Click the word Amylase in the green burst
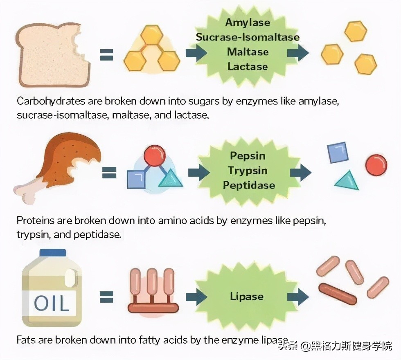click(248, 22)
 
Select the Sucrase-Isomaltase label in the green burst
click(248, 37)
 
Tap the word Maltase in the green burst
click(248, 52)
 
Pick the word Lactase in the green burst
click(248, 66)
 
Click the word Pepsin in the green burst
click(248, 156)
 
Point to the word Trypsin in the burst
click(248, 171)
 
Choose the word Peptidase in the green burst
click(249, 185)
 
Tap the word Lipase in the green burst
click(246, 296)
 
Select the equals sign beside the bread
click(106, 55)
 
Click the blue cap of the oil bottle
click(53, 253)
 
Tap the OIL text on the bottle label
click(52, 303)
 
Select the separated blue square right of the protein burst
click(338, 153)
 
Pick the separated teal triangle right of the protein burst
click(347, 182)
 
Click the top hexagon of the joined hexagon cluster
click(152, 35)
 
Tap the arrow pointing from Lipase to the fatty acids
click(298, 297)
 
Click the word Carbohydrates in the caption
click(51, 101)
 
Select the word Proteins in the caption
click(36, 220)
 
